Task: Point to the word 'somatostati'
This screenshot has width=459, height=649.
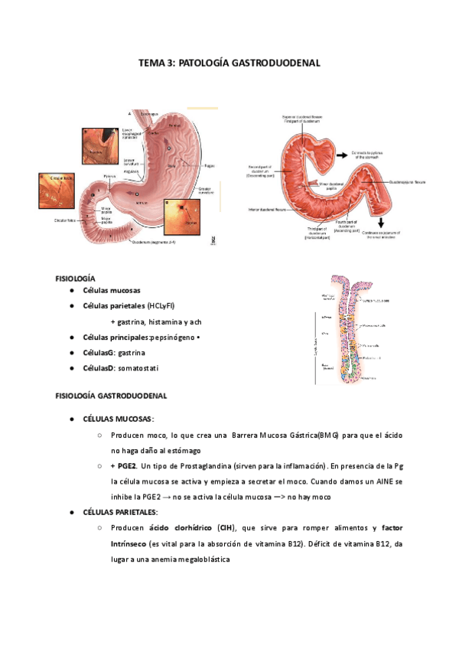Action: click(x=149, y=368)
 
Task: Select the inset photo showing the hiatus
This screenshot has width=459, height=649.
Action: click(x=98, y=143)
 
